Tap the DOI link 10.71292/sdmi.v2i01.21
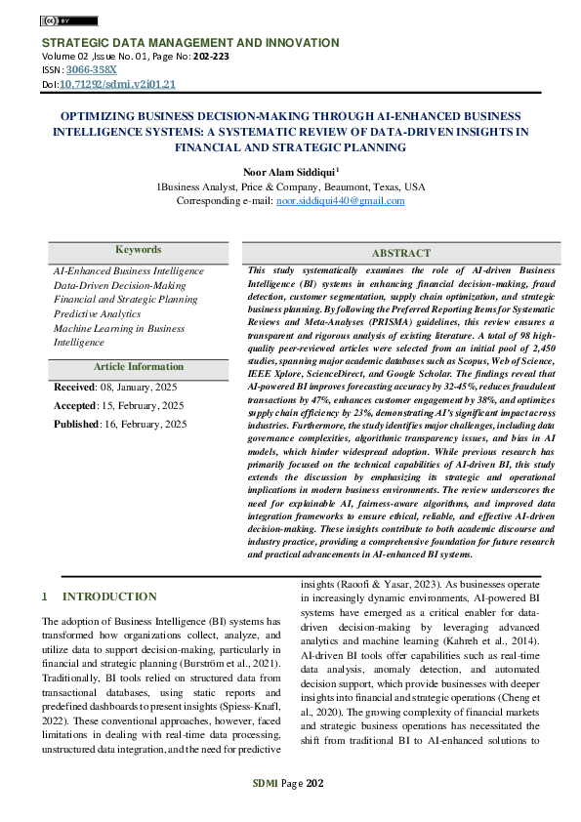click(117, 85)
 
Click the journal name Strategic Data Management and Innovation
click(189, 43)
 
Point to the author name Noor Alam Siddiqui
click(289, 171)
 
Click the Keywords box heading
click(138, 250)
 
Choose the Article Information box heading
click(138, 367)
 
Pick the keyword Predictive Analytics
click(97, 314)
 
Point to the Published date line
click(119, 425)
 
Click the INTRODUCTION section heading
click(108, 596)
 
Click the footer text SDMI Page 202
click(290, 784)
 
